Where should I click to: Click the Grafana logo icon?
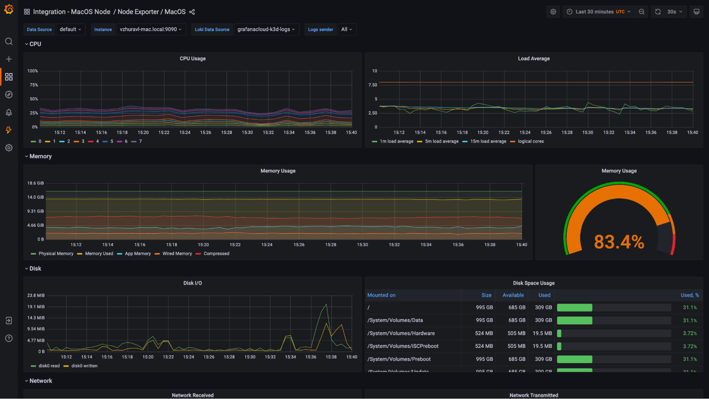click(x=9, y=10)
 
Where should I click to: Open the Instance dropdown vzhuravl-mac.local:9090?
click(x=151, y=29)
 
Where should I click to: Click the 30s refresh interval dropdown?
click(x=674, y=12)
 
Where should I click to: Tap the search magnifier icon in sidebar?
click(x=9, y=41)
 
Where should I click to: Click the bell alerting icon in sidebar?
click(x=9, y=112)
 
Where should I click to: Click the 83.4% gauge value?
click(x=619, y=242)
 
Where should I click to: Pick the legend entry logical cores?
click(x=530, y=142)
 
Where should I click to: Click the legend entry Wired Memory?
click(x=177, y=254)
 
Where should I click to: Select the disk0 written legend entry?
click(x=84, y=366)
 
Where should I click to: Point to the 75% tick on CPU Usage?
click(x=34, y=85)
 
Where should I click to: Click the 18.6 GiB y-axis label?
click(x=35, y=183)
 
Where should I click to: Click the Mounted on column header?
click(x=381, y=295)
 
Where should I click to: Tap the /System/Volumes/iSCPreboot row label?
click(x=403, y=346)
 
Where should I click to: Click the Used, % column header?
click(x=689, y=295)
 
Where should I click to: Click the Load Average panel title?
click(x=533, y=59)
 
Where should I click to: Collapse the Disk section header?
click(x=35, y=268)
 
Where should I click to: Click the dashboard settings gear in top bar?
click(x=553, y=12)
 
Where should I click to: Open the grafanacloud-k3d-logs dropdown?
click(x=266, y=29)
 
